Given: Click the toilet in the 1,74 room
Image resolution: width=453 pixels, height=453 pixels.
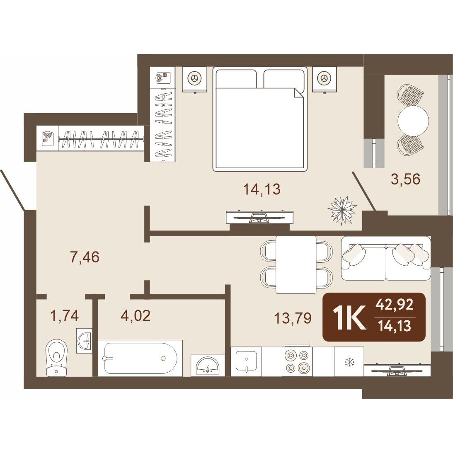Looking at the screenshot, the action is pyautogui.click(x=56, y=358).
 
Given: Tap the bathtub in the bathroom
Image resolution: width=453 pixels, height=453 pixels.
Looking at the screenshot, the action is pyautogui.click(x=140, y=358).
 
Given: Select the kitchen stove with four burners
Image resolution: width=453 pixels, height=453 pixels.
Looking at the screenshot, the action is pyautogui.click(x=297, y=361).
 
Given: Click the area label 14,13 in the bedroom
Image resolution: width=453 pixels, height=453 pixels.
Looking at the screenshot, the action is pyautogui.click(x=262, y=189).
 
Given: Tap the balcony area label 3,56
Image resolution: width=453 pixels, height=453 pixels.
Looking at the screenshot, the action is pyautogui.click(x=405, y=179).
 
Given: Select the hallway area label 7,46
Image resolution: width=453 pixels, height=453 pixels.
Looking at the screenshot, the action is pyautogui.click(x=85, y=257).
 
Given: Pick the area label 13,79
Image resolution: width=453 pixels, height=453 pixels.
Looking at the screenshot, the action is pyautogui.click(x=293, y=318).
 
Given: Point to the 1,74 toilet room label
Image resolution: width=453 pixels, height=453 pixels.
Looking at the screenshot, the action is pyautogui.click(x=64, y=316).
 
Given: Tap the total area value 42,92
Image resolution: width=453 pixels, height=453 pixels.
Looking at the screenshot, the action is pyautogui.click(x=394, y=305).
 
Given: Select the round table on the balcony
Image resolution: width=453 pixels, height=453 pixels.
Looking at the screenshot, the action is pyautogui.click(x=413, y=120).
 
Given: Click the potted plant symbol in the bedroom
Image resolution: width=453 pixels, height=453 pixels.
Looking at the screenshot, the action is pyautogui.click(x=342, y=210).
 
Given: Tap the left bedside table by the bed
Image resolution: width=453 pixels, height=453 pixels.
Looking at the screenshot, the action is pyautogui.click(x=195, y=79).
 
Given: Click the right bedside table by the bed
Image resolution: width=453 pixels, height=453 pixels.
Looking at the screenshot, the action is pyautogui.click(x=325, y=79).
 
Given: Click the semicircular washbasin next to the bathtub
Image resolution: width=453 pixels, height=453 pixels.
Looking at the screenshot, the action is pyautogui.click(x=208, y=366).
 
